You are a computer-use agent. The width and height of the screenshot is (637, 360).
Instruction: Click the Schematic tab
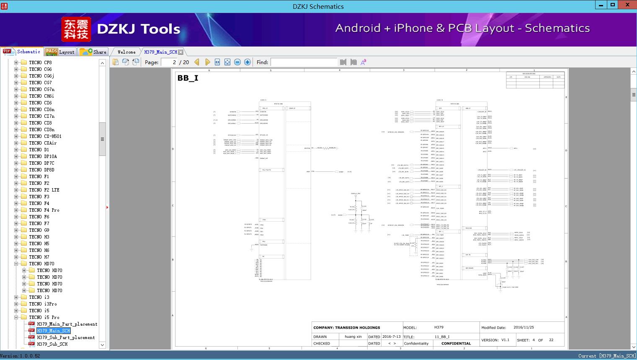[x=23, y=52]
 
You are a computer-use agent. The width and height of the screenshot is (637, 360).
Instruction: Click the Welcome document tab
[x=126, y=52]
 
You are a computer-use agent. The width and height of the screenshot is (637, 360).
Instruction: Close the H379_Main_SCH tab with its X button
[x=181, y=52]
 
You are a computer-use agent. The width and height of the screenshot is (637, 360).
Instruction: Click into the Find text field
[x=304, y=62]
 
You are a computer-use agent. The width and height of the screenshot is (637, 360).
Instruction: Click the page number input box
[x=169, y=62]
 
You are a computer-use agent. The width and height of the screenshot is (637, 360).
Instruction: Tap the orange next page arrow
[x=207, y=62]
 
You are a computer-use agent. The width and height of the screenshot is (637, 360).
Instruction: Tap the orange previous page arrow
[x=197, y=62]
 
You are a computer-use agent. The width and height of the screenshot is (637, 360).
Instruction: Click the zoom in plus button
[x=248, y=62]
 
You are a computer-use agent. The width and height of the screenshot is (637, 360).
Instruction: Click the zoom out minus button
[x=237, y=62]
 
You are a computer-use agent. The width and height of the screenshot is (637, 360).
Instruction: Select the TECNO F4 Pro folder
[x=44, y=210]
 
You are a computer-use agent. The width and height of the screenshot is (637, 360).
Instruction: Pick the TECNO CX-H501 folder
[x=45, y=136]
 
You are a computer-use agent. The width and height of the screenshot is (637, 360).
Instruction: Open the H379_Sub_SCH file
[x=52, y=344]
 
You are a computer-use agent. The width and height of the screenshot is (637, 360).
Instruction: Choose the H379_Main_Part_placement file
[x=67, y=324]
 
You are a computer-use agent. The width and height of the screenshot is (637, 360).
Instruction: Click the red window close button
[x=627, y=5]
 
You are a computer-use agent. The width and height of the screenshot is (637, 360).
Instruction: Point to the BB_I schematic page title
[x=188, y=78]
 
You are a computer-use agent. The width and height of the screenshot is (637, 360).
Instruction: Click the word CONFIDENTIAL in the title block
[x=456, y=343]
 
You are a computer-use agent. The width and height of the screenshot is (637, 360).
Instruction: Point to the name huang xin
[x=353, y=337]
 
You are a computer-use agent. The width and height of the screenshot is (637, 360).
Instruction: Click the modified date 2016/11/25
[x=524, y=328]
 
